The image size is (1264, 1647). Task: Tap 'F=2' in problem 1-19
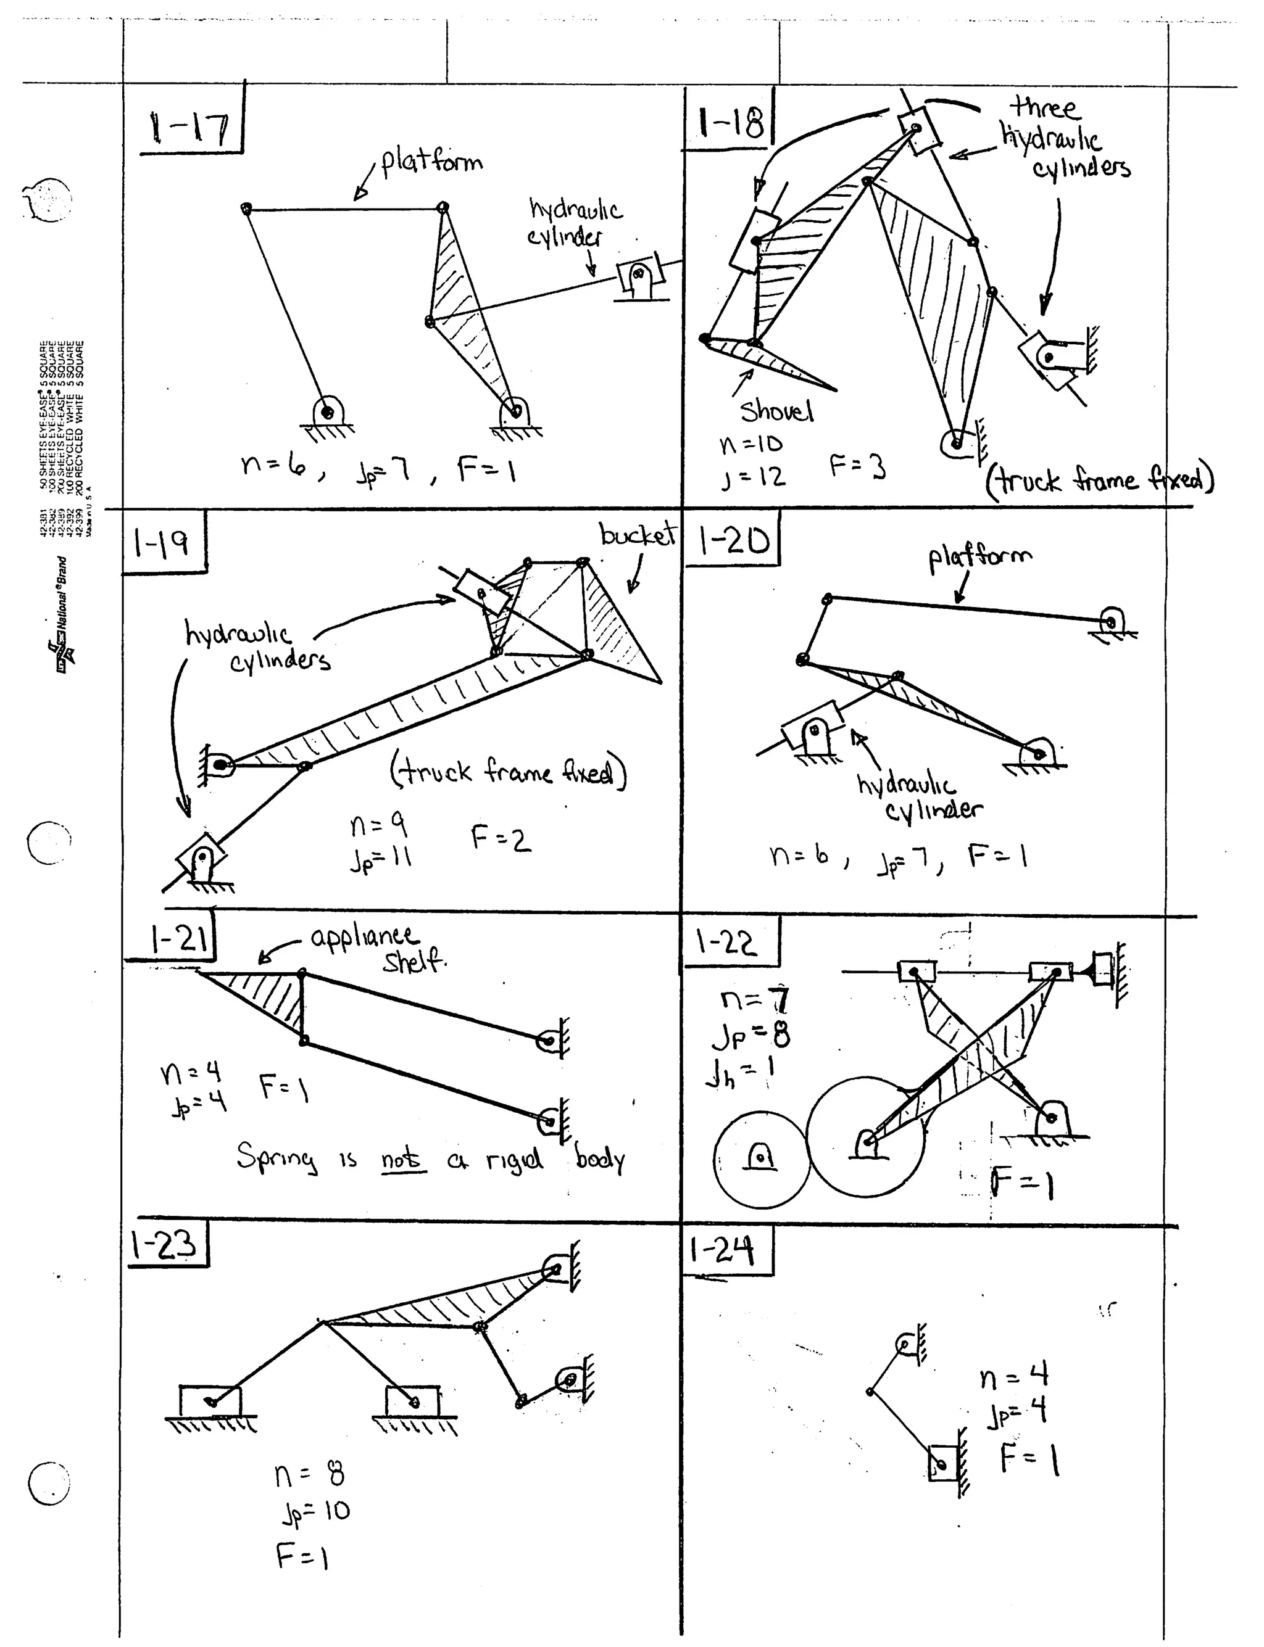(501, 838)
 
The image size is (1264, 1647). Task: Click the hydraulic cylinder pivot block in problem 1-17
(639, 278)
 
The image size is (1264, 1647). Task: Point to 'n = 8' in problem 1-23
(309, 1475)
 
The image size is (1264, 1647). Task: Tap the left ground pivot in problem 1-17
(326, 412)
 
